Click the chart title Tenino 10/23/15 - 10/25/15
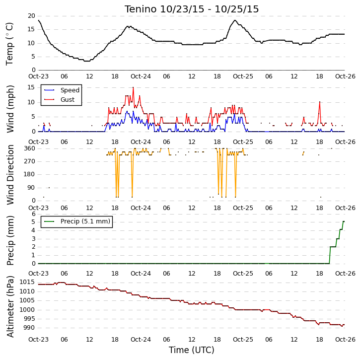point(192,9)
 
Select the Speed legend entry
point(62,90)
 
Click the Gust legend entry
point(59,99)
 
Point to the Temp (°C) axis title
point(9,44)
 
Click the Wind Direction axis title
point(10,174)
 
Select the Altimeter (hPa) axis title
point(10,306)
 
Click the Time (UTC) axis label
point(192,350)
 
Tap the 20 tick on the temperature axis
point(31,16)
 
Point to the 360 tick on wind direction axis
point(30,148)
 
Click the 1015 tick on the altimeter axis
point(27,282)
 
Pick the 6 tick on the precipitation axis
point(34,214)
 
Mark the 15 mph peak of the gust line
point(133,87)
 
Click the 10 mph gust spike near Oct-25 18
point(320,102)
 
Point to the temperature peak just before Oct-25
point(235,20)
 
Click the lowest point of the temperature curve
point(87,61)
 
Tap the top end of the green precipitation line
point(344,221)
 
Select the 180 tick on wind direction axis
point(30,174)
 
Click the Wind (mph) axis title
point(10,109)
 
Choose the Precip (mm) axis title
point(10,240)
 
